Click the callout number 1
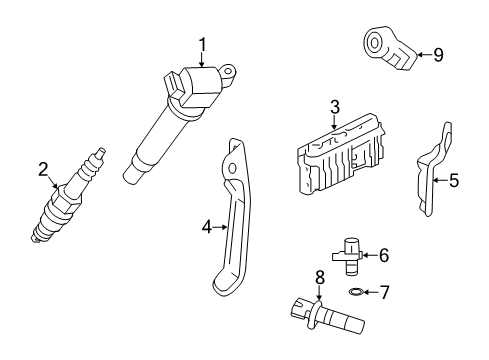pos(202,43)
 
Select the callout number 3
pos(335,106)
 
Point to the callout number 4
pos(207,228)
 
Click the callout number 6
pos(383,256)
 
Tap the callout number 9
pos(437,54)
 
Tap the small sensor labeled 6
pos(352,254)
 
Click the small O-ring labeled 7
pos(357,292)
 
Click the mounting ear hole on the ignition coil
pos(229,71)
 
